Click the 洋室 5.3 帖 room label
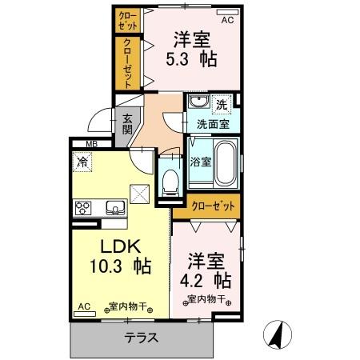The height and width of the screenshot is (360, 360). click(192, 49)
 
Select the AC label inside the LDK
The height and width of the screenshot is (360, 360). click(85, 306)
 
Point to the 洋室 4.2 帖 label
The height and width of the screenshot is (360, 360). click(209, 270)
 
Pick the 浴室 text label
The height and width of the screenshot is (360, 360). click(200, 161)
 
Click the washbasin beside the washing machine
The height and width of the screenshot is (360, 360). click(198, 103)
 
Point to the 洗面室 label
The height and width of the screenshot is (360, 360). click(213, 124)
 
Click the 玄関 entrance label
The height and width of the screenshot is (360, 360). click(127, 127)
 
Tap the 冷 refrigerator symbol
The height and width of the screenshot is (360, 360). click(83, 162)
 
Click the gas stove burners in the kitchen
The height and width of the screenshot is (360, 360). click(83, 209)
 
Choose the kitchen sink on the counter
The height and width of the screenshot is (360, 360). click(114, 209)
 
